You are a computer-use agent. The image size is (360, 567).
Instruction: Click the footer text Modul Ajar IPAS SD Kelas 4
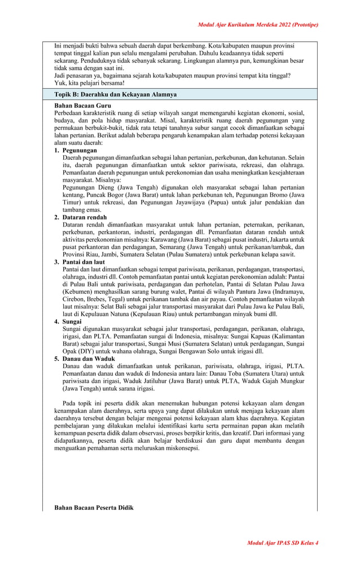(x=283, y=543)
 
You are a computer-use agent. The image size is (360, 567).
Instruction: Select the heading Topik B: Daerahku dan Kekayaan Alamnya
(x=115, y=94)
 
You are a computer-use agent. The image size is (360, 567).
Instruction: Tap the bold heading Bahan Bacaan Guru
(x=82, y=106)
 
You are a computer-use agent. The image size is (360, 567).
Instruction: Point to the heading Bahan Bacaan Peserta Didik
(x=94, y=508)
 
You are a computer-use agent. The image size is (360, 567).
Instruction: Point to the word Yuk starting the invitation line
(x=60, y=82)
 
